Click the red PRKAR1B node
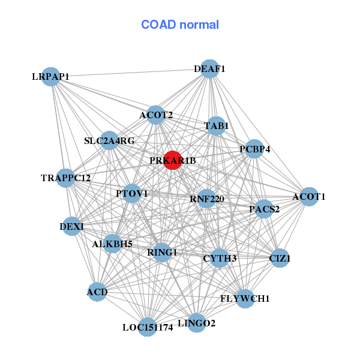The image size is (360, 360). coord(173,160)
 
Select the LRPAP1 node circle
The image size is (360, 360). coord(52,76)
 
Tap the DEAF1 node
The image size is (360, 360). coord(209,69)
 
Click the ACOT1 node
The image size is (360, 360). coord(308,196)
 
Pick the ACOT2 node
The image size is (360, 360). coord(156,115)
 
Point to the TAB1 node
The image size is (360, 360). coord(216,126)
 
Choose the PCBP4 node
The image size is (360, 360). coord(254,149)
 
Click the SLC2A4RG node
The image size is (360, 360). coord(109,141)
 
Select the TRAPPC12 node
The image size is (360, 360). coord(66,178)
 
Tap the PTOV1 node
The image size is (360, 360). coord(132,193)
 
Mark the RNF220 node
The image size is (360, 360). coord(206,199)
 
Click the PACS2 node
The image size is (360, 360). coord(265,209)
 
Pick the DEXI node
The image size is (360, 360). coord(72,226)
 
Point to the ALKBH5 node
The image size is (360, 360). coord(112,244)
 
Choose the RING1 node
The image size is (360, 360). coord(162,252)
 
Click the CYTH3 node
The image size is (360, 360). coord(220,259)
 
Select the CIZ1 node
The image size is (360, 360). coord(280,259)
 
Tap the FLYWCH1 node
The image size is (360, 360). coord(245,298)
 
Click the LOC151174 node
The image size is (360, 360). coord(148,327)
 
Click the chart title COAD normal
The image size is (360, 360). coord(180,25)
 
